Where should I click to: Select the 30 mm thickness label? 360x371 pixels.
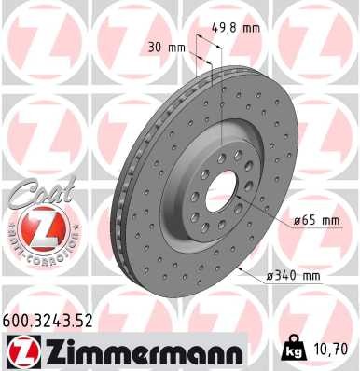click(163, 47)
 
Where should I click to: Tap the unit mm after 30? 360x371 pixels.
click(172, 47)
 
